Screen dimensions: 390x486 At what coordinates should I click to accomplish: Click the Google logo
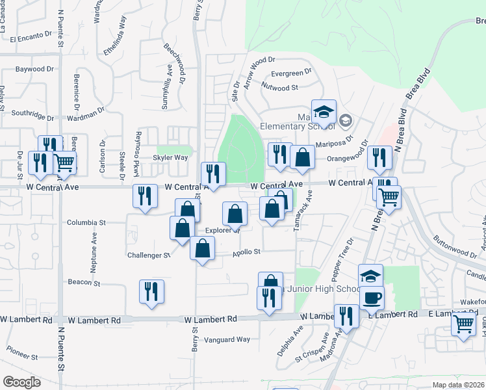(x=21, y=382)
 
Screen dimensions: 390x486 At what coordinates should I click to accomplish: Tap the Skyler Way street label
(x=170, y=157)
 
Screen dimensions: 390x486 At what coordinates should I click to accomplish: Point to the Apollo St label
(x=247, y=252)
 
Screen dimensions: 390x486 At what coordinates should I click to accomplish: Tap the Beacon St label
(x=84, y=283)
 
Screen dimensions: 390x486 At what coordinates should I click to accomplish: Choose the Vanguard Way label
(x=227, y=339)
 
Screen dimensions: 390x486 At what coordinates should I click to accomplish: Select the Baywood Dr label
(x=34, y=68)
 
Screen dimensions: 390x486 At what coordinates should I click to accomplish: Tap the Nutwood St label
(x=279, y=86)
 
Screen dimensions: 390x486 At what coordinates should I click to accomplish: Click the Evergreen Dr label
(x=287, y=73)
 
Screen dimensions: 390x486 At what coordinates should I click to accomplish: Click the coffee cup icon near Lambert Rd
(x=372, y=298)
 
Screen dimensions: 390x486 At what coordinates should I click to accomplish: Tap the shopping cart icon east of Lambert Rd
(x=463, y=322)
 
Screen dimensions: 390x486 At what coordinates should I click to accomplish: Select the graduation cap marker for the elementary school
(x=324, y=112)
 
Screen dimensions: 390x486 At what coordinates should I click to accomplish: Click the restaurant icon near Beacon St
(x=151, y=291)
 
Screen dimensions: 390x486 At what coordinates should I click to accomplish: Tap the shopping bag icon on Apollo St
(x=203, y=248)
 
